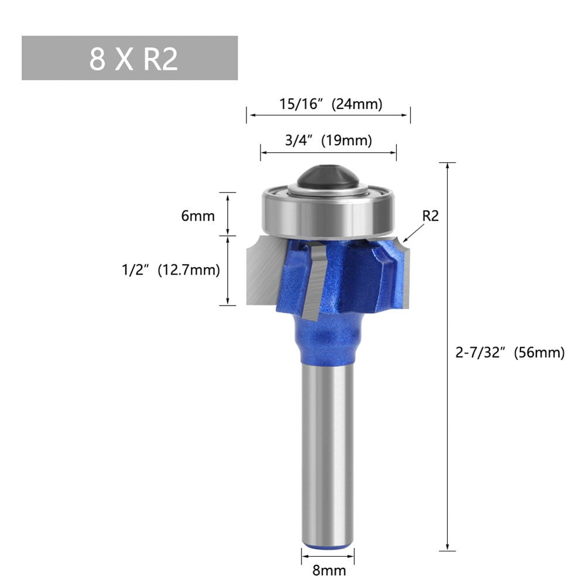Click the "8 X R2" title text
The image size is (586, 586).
133,59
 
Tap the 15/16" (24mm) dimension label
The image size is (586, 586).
330,104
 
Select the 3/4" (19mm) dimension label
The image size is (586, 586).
328,140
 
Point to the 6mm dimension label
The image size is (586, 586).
198,216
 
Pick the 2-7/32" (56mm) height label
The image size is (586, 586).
510,353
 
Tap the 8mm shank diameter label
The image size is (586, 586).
328,570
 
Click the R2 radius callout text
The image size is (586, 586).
430,216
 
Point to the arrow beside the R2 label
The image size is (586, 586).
413,233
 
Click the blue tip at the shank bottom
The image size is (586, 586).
328,547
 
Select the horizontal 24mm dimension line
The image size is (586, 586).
328,115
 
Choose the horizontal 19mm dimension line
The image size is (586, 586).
328,152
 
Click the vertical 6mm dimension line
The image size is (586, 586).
228,214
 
